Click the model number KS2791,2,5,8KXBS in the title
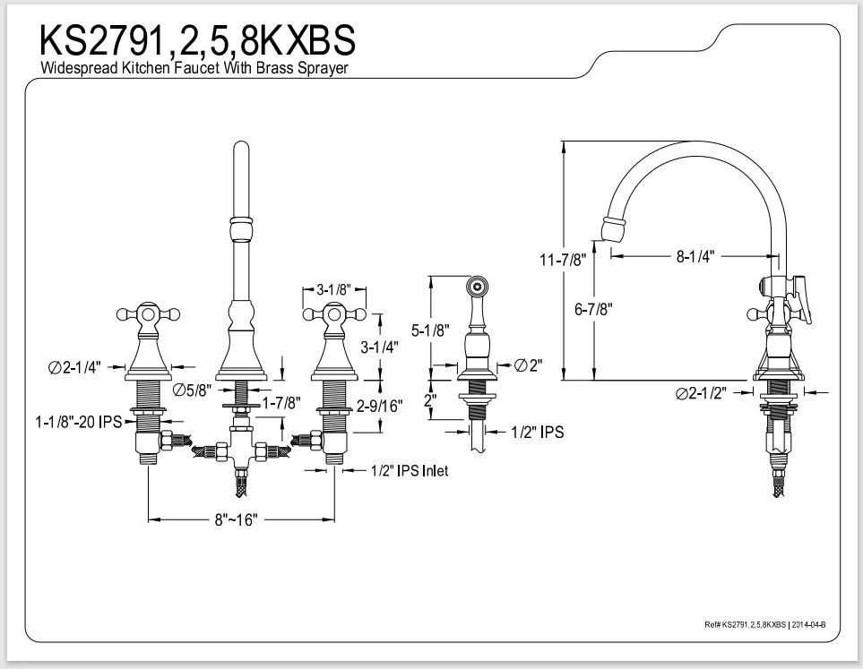[x=196, y=40]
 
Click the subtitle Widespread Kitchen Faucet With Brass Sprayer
[x=194, y=68]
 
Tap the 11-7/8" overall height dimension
[x=563, y=260]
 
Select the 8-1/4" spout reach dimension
[x=695, y=256]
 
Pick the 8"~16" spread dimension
[x=237, y=520]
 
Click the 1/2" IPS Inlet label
[x=410, y=470]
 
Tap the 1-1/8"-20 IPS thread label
[x=79, y=421]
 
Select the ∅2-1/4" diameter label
[x=75, y=366]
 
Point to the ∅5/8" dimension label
[x=192, y=389]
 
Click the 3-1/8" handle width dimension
[x=332, y=289]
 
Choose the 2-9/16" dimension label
[x=379, y=405]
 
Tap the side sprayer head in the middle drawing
[x=476, y=288]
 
